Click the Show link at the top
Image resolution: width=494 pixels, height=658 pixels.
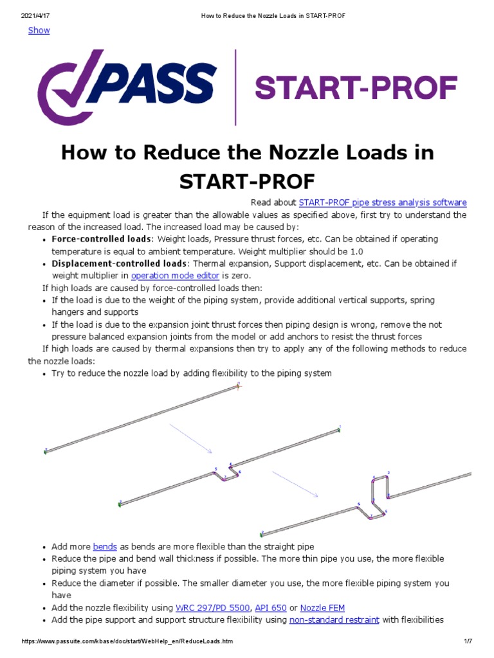[39, 30]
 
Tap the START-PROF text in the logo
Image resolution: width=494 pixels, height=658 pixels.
[356, 87]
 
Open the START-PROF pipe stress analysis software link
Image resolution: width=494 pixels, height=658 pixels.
[383, 202]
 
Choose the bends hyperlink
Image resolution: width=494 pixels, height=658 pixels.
[105, 547]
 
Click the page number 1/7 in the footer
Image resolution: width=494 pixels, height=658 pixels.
[468, 642]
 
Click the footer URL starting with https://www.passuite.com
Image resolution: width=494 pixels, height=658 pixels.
[127, 642]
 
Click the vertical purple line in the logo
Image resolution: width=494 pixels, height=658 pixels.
[235, 87]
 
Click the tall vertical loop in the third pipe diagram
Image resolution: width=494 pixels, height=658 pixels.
[381, 488]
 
